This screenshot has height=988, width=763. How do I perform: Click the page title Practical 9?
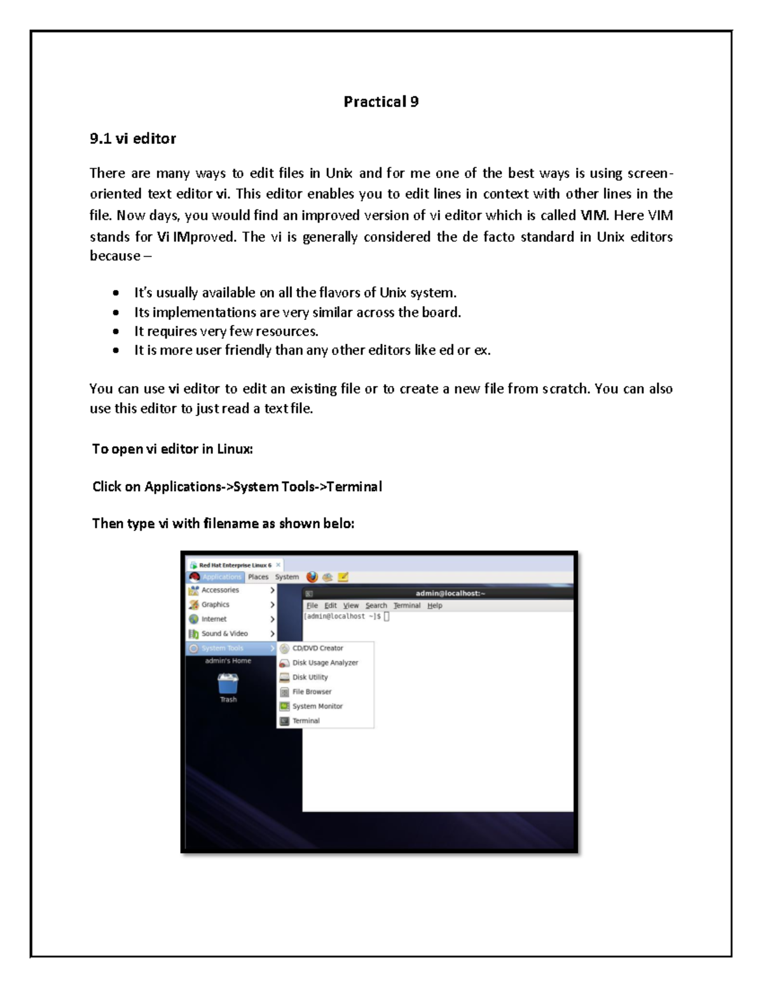click(381, 102)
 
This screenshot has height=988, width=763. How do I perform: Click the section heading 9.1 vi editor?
click(133, 139)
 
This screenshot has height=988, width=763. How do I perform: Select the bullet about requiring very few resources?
click(226, 331)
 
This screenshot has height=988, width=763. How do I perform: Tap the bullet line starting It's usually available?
click(295, 293)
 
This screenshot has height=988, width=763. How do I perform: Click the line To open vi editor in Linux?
click(172, 449)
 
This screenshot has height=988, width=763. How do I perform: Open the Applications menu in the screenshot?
click(221, 577)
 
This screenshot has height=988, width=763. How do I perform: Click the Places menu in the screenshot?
click(258, 577)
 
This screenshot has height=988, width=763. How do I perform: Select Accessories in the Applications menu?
click(220, 590)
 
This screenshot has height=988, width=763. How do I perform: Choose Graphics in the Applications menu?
click(215, 604)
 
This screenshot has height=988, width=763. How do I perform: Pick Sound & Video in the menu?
click(224, 634)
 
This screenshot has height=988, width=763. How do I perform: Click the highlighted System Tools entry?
click(222, 648)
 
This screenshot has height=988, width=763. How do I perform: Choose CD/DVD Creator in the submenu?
click(317, 648)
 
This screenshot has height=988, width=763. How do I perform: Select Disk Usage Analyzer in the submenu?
click(325, 663)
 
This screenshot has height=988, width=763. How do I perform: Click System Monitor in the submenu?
click(317, 706)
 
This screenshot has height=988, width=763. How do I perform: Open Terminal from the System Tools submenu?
click(306, 721)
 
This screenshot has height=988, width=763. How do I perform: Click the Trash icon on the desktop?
click(228, 685)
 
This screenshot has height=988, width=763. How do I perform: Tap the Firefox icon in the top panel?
click(312, 577)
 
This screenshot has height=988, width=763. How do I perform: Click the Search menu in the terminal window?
click(376, 606)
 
